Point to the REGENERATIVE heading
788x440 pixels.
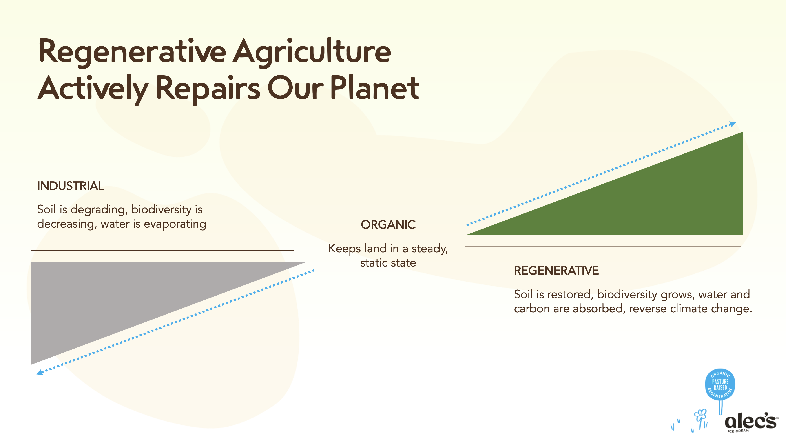[x=556, y=271]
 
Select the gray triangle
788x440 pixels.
[x=122, y=294]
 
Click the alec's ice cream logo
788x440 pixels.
[x=751, y=422]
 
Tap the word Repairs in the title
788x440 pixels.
[x=208, y=89]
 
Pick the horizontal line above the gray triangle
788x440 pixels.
[x=162, y=250]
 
